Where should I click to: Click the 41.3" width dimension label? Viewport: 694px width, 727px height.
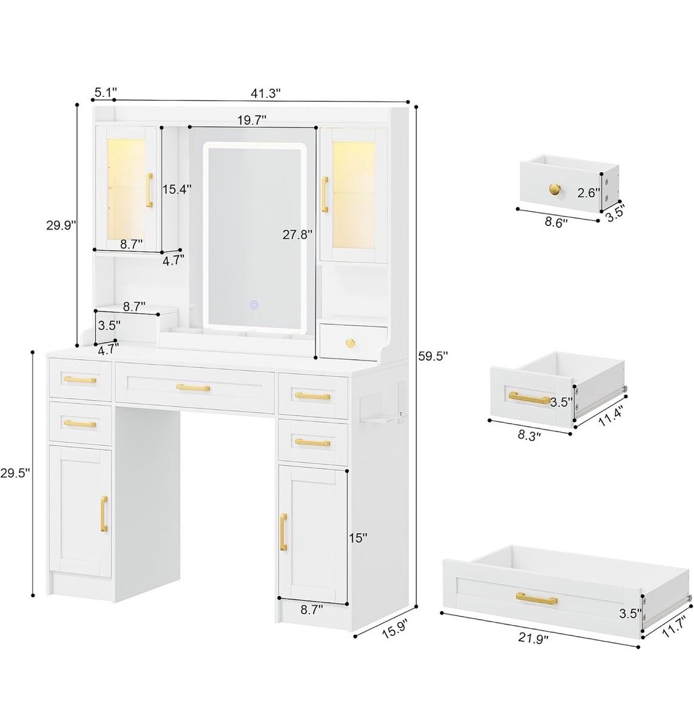click(x=265, y=93)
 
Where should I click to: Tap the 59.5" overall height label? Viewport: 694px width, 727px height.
click(x=432, y=356)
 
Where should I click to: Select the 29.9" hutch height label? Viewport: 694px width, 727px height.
click(x=61, y=225)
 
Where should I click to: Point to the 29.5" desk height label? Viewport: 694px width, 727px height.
click(x=15, y=473)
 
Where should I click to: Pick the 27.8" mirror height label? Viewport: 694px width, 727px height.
click(x=297, y=234)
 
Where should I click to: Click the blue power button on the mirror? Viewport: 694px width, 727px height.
click(x=254, y=305)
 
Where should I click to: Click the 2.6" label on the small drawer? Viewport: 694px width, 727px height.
click(x=589, y=193)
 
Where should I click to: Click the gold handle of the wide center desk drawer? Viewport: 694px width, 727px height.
click(x=193, y=388)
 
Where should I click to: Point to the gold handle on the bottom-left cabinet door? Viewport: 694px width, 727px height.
click(x=104, y=514)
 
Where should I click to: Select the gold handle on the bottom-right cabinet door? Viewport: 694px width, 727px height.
click(x=283, y=532)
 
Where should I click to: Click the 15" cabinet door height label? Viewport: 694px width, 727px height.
click(x=358, y=538)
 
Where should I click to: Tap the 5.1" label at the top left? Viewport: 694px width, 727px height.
click(x=106, y=92)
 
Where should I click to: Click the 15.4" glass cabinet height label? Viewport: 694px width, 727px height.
click(x=177, y=189)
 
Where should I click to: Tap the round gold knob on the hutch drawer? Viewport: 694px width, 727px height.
click(x=350, y=342)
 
